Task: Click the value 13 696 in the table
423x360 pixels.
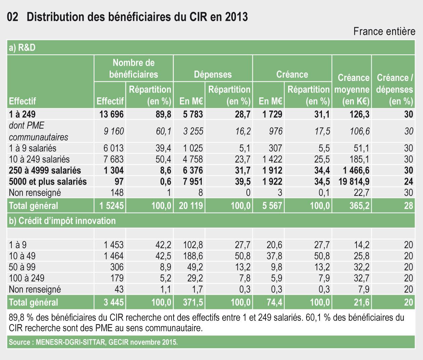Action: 111,114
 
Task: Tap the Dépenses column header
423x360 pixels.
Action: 213,74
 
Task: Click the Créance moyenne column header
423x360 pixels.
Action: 352,89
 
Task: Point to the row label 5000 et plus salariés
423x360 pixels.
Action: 48,182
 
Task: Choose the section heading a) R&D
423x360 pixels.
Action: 22,48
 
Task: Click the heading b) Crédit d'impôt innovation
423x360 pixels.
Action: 62,221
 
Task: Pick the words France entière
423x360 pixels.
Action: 384,32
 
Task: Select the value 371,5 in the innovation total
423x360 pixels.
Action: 191,302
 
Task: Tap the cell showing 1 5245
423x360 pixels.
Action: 111,206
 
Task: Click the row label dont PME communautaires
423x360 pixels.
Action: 38,131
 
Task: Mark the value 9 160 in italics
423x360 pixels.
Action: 113,131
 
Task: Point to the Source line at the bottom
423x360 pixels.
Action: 93,343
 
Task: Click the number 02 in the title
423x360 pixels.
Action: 12,17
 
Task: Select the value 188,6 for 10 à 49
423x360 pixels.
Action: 193,256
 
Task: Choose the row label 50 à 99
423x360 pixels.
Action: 22,267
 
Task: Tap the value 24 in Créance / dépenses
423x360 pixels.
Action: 408,182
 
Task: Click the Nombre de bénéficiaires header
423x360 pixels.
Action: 134,68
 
